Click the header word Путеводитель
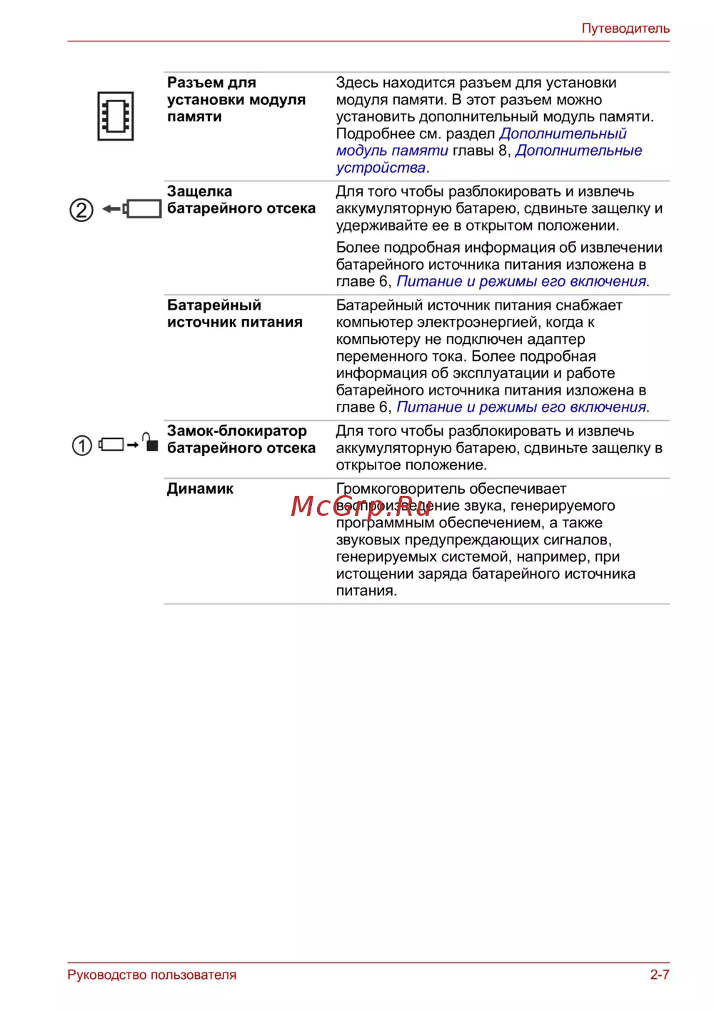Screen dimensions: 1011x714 (x=625, y=29)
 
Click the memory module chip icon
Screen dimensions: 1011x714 (x=116, y=116)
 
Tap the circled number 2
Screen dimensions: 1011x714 (x=81, y=210)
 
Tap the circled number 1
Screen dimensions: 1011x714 (x=82, y=446)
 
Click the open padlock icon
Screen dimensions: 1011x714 (x=150, y=442)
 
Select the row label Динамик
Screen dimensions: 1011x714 (x=200, y=489)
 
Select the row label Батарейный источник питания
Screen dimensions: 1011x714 (x=235, y=314)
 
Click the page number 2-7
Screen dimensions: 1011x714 (x=659, y=975)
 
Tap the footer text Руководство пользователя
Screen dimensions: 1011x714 (x=152, y=975)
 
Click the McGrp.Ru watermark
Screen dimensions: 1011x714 (x=361, y=506)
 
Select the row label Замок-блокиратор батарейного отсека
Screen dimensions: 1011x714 (x=241, y=440)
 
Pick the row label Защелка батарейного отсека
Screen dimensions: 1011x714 (x=241, y=200)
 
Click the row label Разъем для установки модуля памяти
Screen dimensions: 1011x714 (x=236, y=100)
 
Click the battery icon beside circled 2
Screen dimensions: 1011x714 (x=143, y=209)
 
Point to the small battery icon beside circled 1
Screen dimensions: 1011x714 (x=111, y=445)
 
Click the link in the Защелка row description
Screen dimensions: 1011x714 (x=521, y=282)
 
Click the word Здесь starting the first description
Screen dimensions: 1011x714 (x=356, y=83)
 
